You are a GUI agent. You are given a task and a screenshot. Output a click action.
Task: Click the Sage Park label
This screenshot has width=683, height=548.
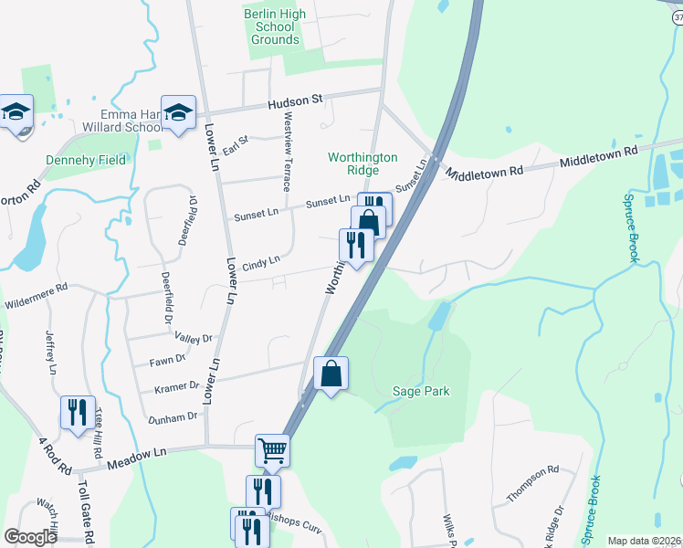[421, 392]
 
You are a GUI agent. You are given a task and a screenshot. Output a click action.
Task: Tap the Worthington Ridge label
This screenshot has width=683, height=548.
[363, 163]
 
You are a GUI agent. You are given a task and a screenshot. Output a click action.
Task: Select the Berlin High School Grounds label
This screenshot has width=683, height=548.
[275, 26]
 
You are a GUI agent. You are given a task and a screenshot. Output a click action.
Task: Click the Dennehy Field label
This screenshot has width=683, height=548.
[86, 160]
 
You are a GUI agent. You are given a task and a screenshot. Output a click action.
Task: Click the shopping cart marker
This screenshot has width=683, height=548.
[272, 449]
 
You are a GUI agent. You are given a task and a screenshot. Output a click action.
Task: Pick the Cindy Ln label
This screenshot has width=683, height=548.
[260, 262]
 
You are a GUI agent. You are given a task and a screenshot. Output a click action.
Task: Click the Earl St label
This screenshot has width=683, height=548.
[236, 143]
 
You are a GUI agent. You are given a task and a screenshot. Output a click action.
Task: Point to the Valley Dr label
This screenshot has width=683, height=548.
[193, 338]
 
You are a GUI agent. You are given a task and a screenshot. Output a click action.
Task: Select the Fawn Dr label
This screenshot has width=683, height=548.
[167, 362]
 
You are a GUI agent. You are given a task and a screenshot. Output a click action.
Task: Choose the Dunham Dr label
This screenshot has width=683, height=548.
[173, 416]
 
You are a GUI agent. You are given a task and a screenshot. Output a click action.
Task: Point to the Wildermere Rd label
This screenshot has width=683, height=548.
[36, 287]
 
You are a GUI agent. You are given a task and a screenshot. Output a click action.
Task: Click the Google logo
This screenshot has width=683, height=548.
[31, 537]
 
